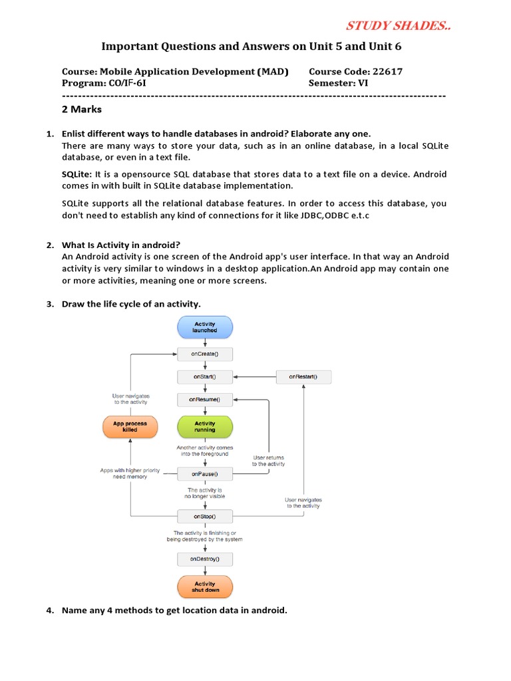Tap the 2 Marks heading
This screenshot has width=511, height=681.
82,109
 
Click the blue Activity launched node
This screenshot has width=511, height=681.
205,327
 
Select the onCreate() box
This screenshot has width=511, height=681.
205,354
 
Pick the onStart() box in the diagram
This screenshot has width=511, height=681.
205,377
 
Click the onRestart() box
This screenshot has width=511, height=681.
303,377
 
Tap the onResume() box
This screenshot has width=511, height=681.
205,400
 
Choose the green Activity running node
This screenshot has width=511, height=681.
205,426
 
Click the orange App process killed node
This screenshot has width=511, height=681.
130,426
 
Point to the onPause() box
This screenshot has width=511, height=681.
205,474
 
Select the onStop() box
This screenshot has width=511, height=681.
205,516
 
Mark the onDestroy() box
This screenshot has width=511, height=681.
205,559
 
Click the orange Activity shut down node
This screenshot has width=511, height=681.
205,587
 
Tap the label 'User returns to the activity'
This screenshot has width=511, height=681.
269,460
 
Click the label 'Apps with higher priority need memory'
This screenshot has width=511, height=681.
124,473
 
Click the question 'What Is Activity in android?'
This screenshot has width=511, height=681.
121,245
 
